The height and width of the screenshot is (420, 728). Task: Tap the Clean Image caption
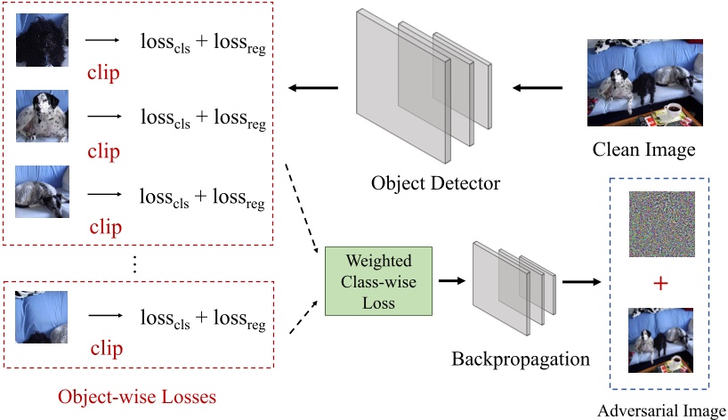(x=643, y=149)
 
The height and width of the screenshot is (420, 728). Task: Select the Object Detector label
(x=436, y=184)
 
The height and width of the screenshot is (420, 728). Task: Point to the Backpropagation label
(x=521, y=359)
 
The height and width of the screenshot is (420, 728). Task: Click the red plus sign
(x=659, y=282)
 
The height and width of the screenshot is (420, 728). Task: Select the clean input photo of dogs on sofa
(x=644, y=82)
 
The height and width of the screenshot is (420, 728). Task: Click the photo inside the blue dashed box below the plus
(x=659, y=340)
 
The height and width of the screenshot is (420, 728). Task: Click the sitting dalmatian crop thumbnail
(x=42, y=116)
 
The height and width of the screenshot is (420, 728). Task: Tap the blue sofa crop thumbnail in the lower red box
(x=42, y=317)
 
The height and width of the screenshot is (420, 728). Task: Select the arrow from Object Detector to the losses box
(x=312, y=87)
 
